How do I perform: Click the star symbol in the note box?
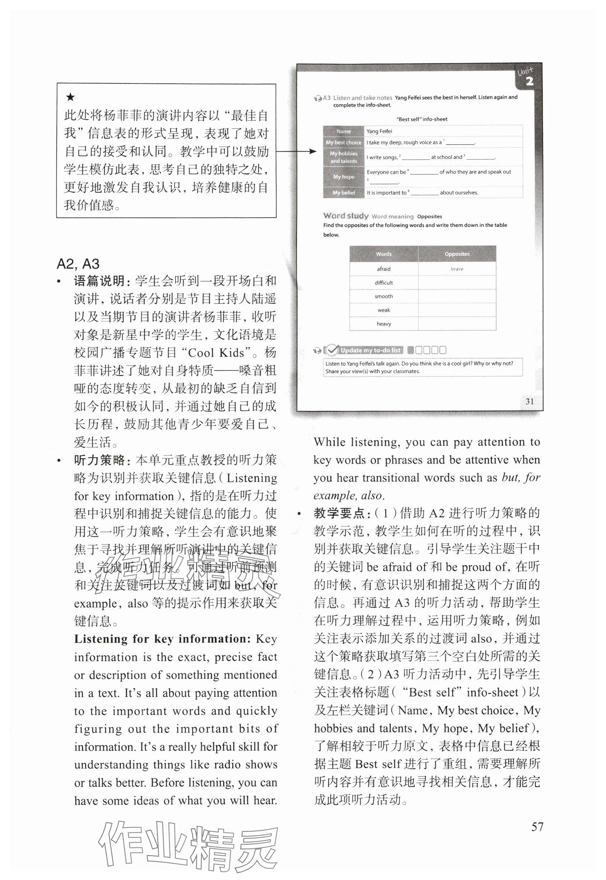(70, 97)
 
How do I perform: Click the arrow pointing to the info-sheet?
(296, 151)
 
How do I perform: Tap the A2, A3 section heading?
(78, 264)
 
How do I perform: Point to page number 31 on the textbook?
(529, 401)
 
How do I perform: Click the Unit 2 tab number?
(529, 81)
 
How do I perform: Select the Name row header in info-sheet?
(343, 131)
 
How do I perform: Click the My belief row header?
(343, 192)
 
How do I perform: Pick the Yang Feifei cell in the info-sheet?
(379, 131)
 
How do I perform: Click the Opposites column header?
(457, 254)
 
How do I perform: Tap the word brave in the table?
(457, 269)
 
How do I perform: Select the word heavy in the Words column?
(383, 324)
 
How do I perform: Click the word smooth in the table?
(383, 296)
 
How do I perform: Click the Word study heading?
(346, 216)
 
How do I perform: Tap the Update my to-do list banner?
(370, 350)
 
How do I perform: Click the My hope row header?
(343, 177)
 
